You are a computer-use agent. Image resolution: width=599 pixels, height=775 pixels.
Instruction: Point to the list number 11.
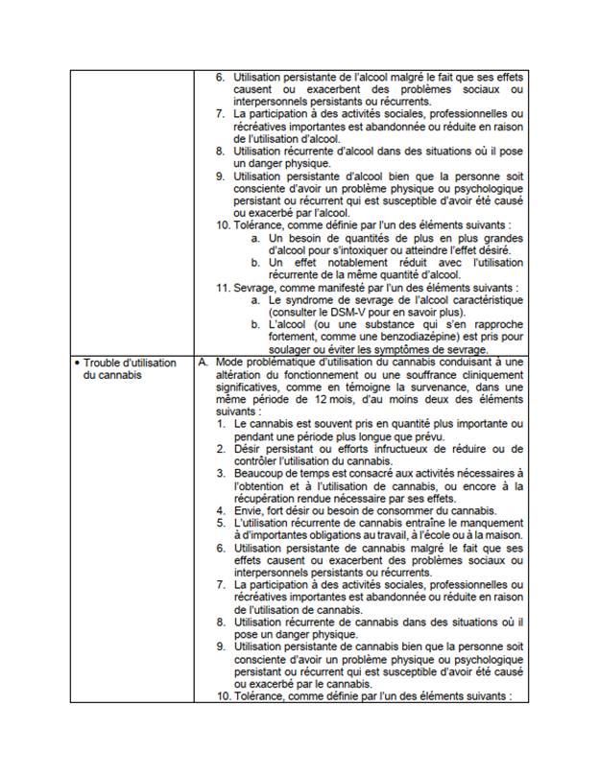[223, 288]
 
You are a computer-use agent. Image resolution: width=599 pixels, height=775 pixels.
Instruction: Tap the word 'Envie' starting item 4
[252, 510]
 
